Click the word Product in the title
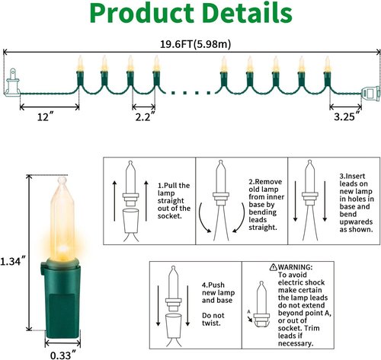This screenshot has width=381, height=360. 142,14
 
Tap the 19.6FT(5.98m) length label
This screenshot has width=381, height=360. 195,44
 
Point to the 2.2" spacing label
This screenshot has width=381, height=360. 145,116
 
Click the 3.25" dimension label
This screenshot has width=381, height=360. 347,116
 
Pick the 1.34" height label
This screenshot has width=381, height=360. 13,261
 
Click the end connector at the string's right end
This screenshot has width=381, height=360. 370,93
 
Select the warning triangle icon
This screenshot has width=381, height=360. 274,266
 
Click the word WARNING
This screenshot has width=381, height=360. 295,267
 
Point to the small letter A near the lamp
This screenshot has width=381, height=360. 249,311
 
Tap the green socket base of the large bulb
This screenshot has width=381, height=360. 61,300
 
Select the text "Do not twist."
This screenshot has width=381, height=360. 213,319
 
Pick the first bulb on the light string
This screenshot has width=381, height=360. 80,72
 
